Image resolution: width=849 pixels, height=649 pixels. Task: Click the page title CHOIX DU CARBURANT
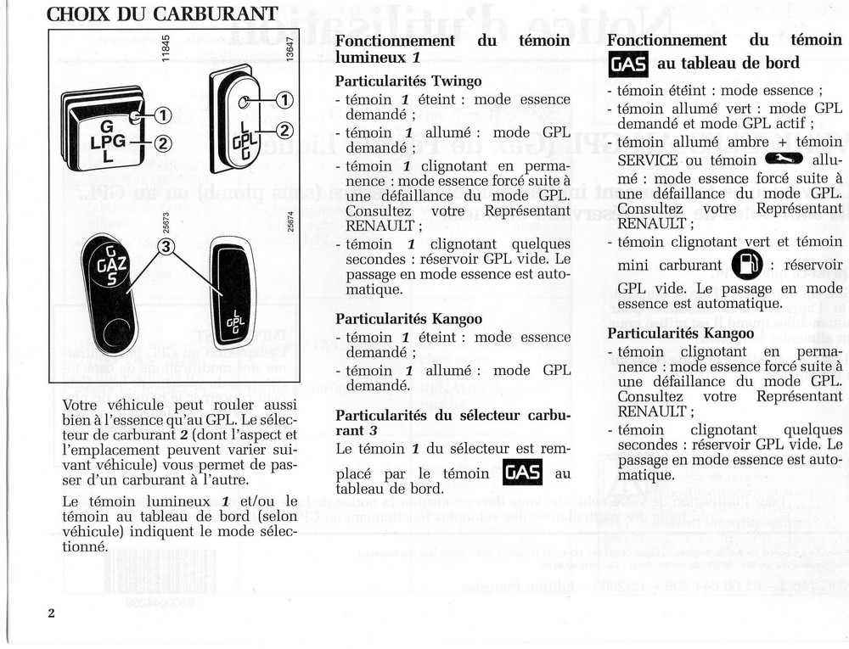coord(161,14)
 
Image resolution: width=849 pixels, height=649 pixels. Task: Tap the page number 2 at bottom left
coord(51,613)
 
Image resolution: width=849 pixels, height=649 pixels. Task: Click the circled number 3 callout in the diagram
coord(167,247)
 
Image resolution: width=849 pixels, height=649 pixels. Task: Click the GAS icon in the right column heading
coord(628,64)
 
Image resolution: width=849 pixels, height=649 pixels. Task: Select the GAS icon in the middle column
coord(522,473)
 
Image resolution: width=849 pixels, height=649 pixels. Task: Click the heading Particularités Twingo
coord(408,81)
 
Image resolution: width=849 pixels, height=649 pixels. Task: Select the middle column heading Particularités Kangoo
coord(408,319)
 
